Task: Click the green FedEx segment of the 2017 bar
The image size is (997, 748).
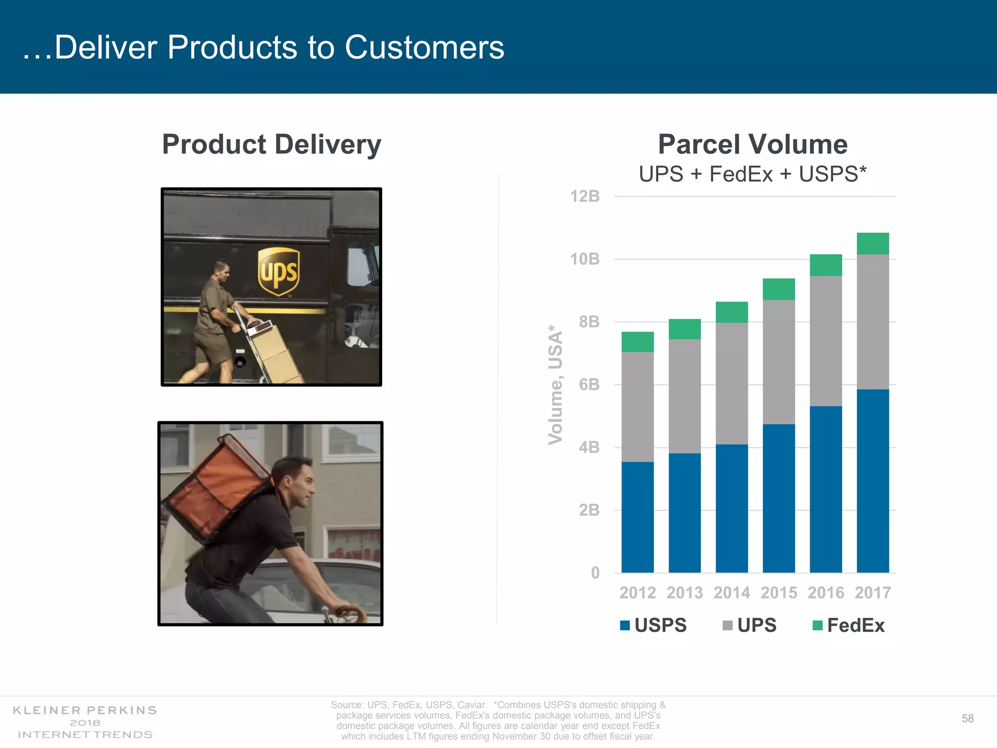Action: [872, 243]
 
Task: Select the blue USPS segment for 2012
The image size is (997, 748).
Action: [637, 517]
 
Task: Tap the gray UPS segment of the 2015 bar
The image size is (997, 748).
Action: [778, 362]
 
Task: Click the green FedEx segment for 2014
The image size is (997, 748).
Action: [731, 312]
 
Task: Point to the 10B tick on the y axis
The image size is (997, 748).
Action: [585, 259]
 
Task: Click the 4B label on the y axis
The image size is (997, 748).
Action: [589, 447]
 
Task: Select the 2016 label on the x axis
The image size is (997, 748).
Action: [826, 593]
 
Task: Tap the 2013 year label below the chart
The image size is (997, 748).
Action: [684, 593]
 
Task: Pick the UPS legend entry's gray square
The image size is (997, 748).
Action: [727, 625]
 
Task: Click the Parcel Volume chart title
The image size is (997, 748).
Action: [753, 144]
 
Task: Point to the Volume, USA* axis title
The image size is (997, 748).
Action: [555, 385]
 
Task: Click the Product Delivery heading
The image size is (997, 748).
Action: [272, 144]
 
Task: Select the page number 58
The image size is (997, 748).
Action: [967, 718]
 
